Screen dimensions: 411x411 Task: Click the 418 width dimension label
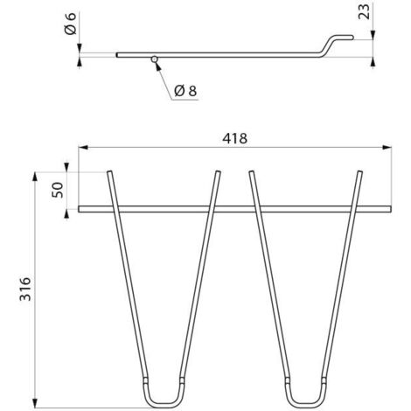pyautogui.click(x=234, y=139)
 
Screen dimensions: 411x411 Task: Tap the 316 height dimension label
pyautogui.click(x=25, y=289)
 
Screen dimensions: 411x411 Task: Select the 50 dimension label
pyautogui.click(x=58, y=190)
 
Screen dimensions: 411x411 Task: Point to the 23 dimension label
pyautogui.click(x=364, y=11)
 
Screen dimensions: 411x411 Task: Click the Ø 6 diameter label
pyautogui.click(x=71, y=24)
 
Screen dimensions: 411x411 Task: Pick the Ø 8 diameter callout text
pyautogui.click(x=185, y=91)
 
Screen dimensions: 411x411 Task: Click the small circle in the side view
pyautogui.click(x=155, y=59)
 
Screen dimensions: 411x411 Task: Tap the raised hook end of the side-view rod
pyautogui.click(x=338, y=42)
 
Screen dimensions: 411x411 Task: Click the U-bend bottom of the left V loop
pyautogui.click(x=163, y=405)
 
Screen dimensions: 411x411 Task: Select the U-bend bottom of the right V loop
pyautogui.click(x=306, y=405)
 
